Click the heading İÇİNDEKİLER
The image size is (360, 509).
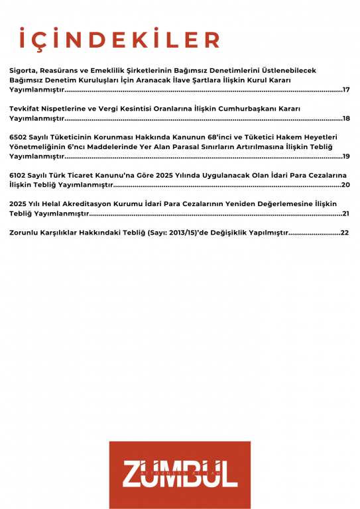[x=119, y=39]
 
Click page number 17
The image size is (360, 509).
[x=346, y=89]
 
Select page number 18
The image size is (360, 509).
[x=346, y=118]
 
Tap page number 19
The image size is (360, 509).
[x=346, y=156]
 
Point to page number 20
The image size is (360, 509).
[x=345, y=185]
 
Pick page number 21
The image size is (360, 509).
[x=345, y=213]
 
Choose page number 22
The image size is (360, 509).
[x=345, y=233]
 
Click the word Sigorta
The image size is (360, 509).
[x=23, y=70]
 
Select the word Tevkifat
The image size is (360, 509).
[x=26, y=108]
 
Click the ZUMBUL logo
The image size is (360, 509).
[x=180, y=475]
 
